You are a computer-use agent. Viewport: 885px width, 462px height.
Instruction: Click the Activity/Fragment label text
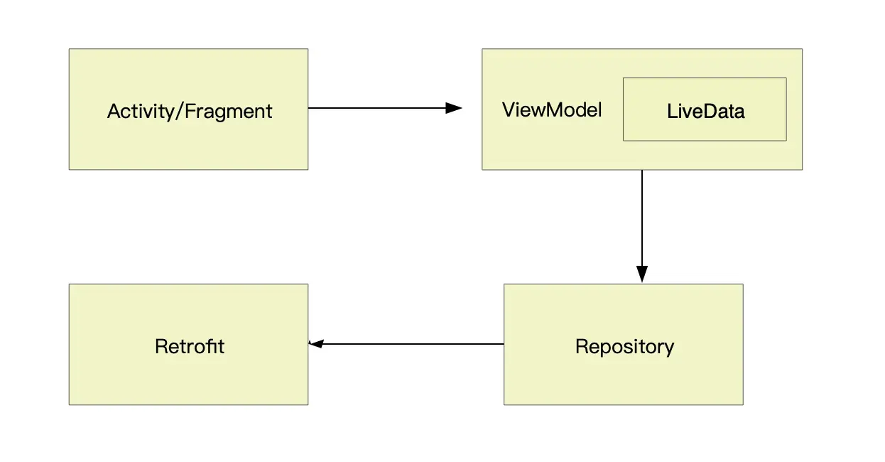[x=190, y=112]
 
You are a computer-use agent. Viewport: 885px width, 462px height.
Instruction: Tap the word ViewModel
[x=552, y=110]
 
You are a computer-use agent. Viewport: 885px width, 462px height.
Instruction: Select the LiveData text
[x=705, y=111]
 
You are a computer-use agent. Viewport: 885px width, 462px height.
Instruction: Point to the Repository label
[x=624, y=347]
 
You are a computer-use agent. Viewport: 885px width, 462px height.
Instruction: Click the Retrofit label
[x=190, y=347]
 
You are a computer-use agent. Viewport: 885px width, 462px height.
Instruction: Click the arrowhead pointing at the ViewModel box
[x=454, y=108]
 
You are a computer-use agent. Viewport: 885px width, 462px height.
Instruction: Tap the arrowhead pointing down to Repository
[x=642, y=274]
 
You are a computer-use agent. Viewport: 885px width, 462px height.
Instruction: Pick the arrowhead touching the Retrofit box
[x=316, y=344]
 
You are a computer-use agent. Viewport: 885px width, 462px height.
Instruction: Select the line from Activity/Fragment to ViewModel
[x=385, y=108]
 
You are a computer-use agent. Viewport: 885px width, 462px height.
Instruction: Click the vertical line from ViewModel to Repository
[x=642, y=227]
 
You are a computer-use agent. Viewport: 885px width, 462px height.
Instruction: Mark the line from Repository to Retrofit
[x=406, y=344]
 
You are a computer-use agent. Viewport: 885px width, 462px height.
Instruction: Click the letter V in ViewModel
[x=510, y=110]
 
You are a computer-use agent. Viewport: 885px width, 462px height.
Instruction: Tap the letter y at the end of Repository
[x=669, y=350]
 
